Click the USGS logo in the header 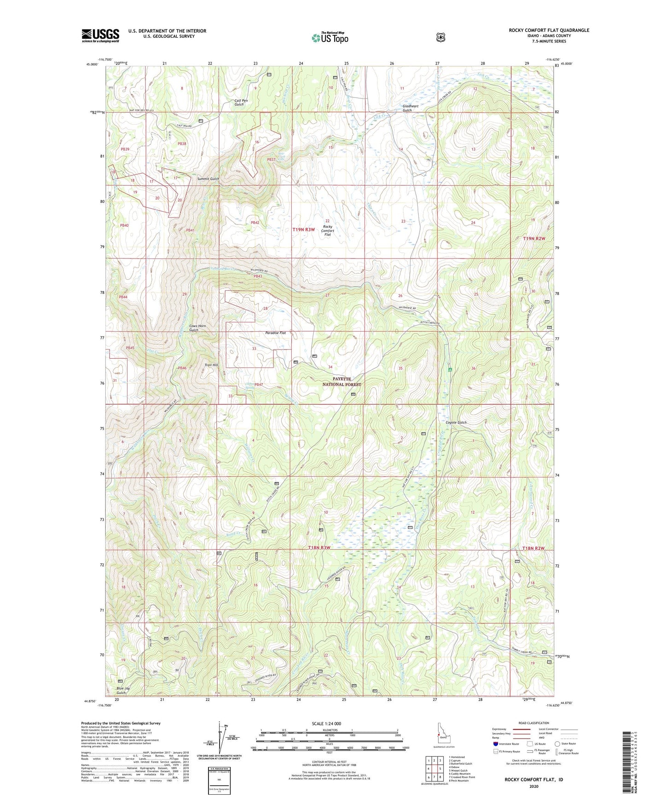[x=100, y=35]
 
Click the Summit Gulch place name [x=208, y=178]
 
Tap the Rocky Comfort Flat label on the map [x=328, y=230]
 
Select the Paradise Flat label [x=276, y=333]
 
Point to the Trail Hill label [x=211, y=365]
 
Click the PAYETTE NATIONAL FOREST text [x=341, y=382]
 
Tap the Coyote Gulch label [x=456, y=423]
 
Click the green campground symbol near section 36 [x=450, y=370]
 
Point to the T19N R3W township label [x=304, y=229]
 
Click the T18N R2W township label [x=533, y=548]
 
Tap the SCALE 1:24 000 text [x=326, y=724]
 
